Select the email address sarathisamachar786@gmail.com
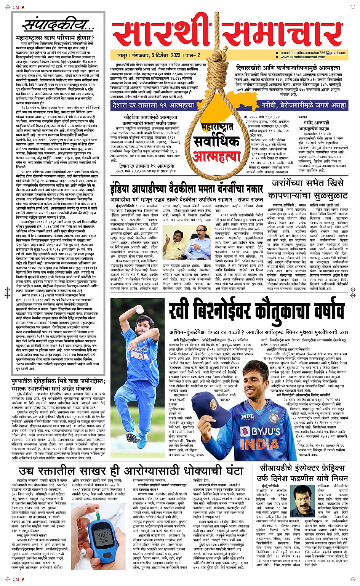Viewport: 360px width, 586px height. coord(313,53)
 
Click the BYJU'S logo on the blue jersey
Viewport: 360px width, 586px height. coord(261,431)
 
